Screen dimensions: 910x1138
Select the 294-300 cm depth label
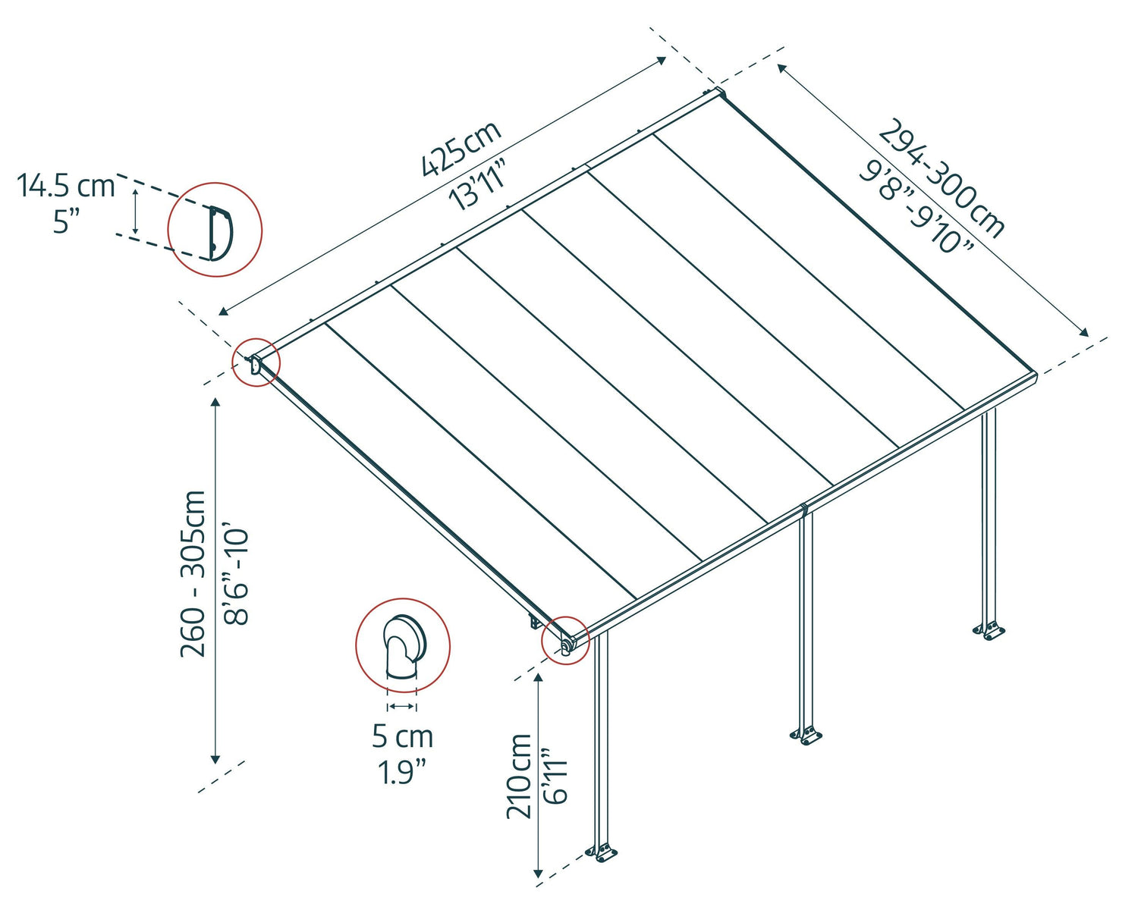click(x=942, y=177)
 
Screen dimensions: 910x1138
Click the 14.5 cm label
click(x=66, y=185)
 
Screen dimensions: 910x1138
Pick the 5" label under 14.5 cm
click(x=66, y=222)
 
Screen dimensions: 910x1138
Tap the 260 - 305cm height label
click(x=193, y=573)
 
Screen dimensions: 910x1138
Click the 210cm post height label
click(x=519, y=775)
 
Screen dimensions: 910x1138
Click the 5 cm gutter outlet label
click(x=402, y=736)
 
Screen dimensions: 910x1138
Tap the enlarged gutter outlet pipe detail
click(x=403, y=645)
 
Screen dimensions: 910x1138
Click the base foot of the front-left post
click(x=602, y=852)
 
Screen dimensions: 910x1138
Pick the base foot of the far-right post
click(x=989, y=630)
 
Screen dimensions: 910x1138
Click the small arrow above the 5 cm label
click(x=401, y=707)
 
